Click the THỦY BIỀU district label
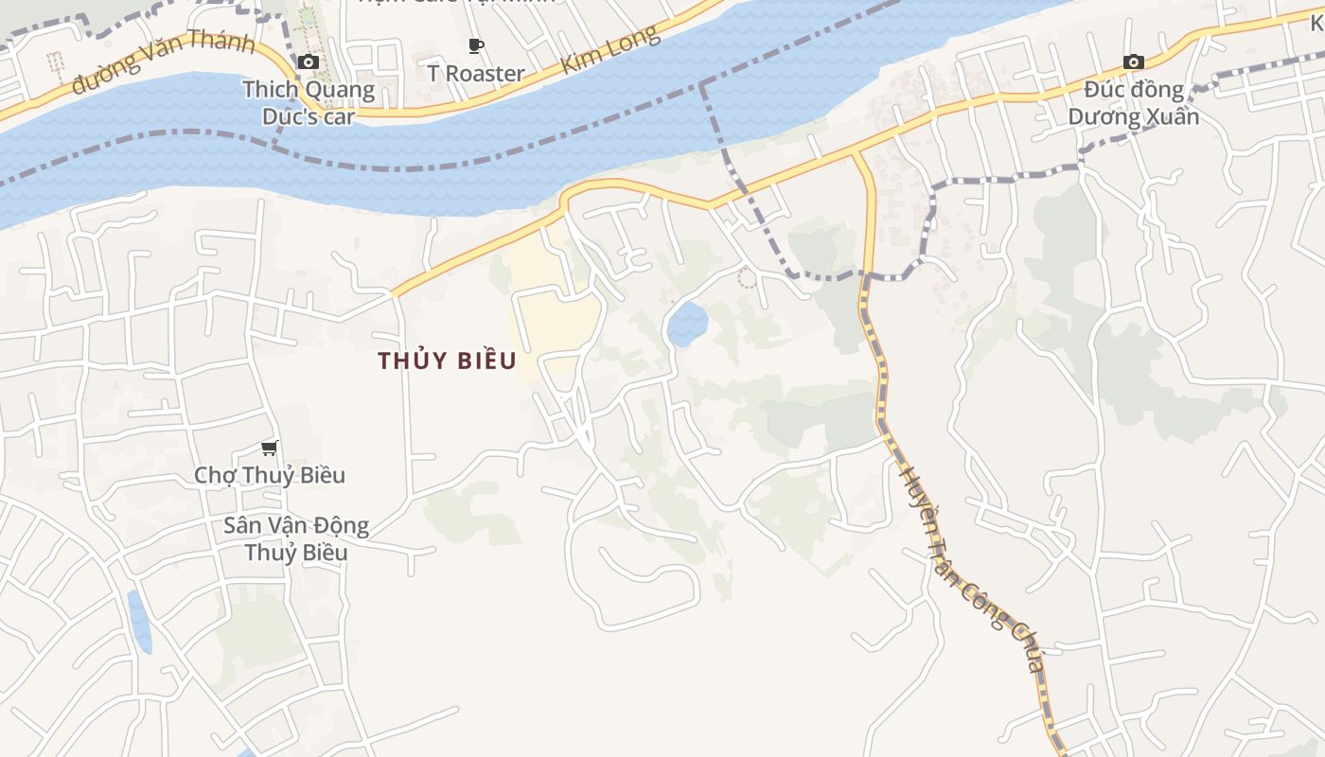(447, 361)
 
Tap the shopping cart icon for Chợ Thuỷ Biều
(270, 448)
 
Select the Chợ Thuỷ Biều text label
(270, 475)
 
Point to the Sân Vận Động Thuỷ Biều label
(296, 538)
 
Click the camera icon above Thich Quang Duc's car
(308, 62)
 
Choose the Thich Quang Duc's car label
(309, 103)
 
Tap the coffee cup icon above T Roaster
(476, 45)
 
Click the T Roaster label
(475, 73)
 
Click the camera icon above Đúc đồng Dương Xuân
(1133, 62)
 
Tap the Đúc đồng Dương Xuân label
(1134, 103)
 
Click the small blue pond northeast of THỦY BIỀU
(688, 325)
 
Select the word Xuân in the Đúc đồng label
(1172, 117)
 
